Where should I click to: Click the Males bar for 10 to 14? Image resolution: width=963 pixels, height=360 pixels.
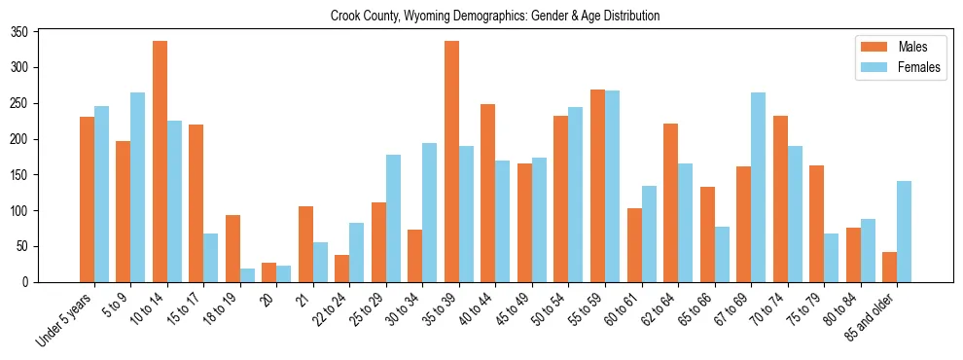(160, 162)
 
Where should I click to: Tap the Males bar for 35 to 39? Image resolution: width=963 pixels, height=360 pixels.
(451, 162)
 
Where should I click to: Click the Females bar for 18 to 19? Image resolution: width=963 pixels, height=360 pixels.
(247, 275)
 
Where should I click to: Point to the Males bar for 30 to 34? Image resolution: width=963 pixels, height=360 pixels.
(415, 256)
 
